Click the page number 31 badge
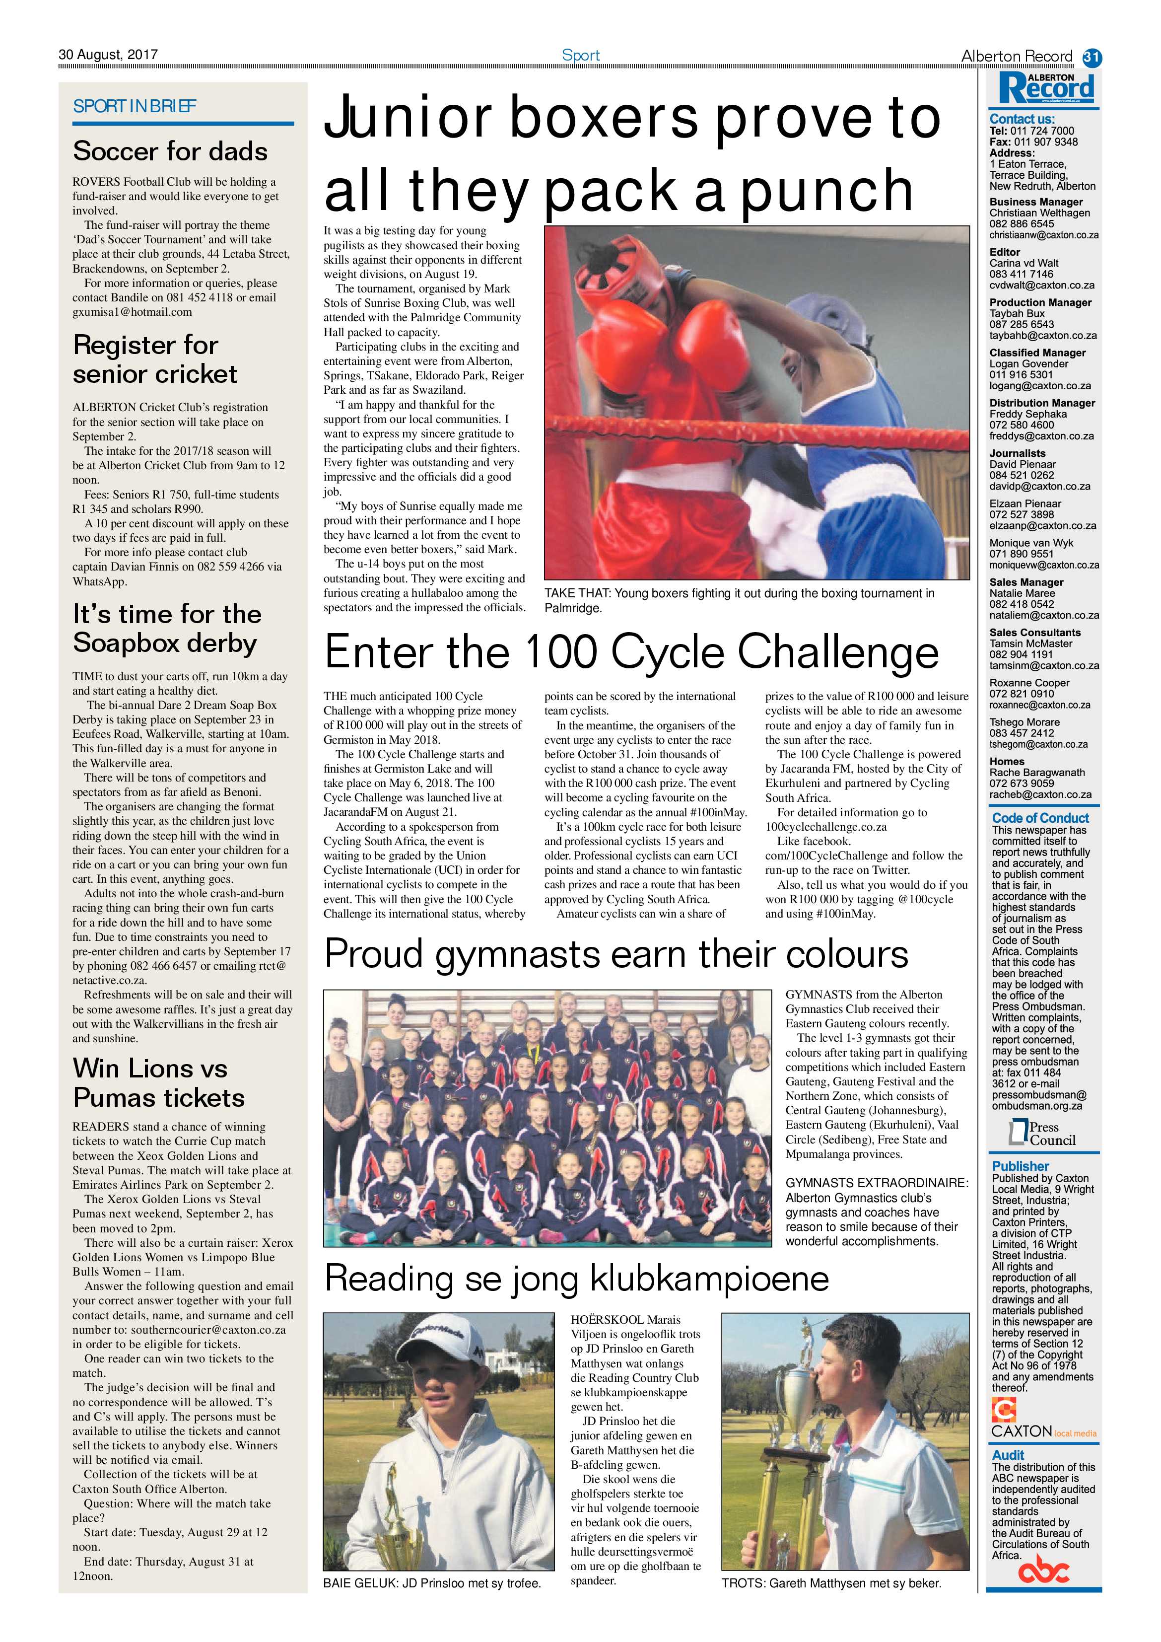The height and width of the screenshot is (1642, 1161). coord(1092,57)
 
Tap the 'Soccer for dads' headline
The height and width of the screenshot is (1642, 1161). coord(170,151)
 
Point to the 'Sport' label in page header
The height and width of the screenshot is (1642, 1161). coord(581,55)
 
